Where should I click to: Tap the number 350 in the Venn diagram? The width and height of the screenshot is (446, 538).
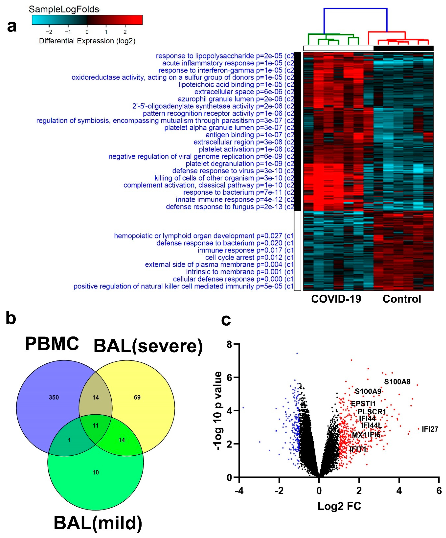click(54, 397)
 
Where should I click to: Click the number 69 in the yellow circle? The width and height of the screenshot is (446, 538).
click(137, 397)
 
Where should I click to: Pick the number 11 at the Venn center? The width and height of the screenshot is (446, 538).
click(95, 425)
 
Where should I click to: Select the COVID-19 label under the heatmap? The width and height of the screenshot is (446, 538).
click(336, 299)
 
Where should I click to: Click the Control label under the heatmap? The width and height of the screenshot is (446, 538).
click(402, 299)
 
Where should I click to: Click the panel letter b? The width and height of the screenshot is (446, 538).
click(11, 318)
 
